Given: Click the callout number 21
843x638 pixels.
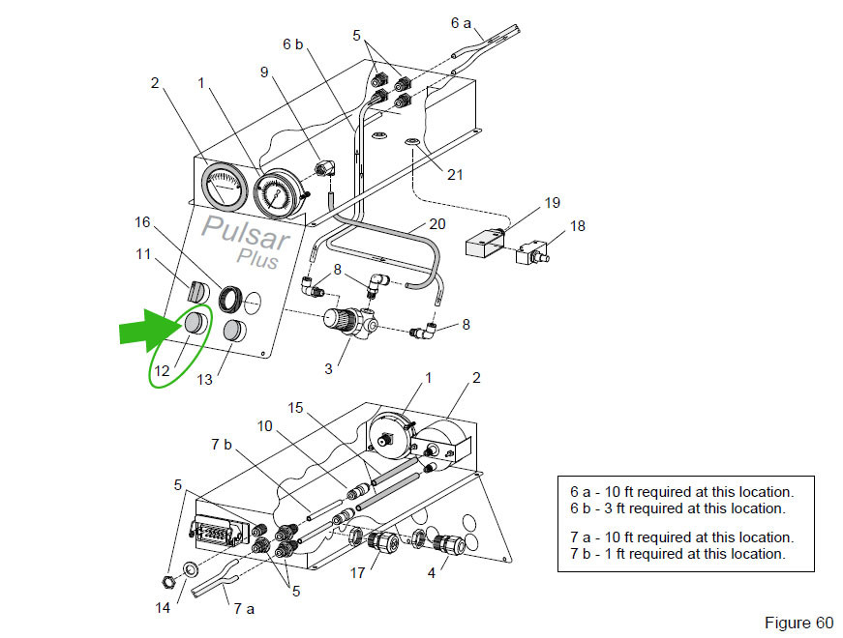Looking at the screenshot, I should tap(455, 174).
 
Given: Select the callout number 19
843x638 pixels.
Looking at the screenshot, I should tap(552, 203).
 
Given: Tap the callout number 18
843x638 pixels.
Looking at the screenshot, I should tap(578, 226).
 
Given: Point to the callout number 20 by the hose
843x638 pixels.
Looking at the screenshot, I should tap(437, 223).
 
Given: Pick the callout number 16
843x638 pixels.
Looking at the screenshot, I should tap(142, 222).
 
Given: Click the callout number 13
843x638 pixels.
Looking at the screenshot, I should tap(205, 380).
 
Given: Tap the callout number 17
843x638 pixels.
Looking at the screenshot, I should tap(357, 573).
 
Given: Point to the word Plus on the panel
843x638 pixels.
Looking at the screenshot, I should tap(257, 259).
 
